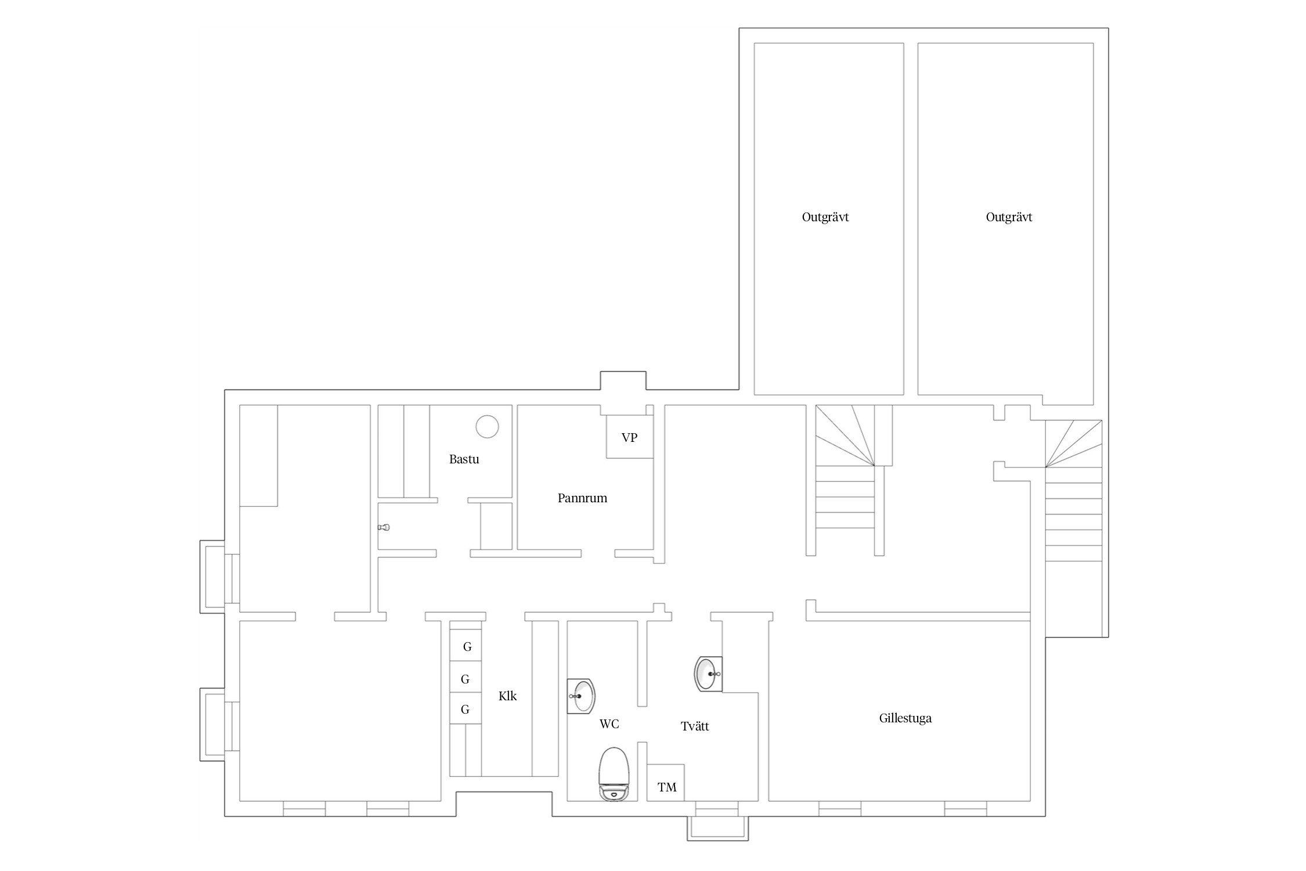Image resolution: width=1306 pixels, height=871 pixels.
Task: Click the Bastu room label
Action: pyautogui.click(x=464, y=459)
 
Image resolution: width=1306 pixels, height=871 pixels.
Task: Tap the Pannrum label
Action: pyautogui.click(x=582, y=498)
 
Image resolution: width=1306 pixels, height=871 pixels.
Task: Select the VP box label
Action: pyautogui.click(x=629, y=438)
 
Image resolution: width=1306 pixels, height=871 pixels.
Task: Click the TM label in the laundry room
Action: pyautogui.click(x=667, y=787)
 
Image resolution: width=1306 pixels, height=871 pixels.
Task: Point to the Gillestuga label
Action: pyautogui.click(x=905, y=718)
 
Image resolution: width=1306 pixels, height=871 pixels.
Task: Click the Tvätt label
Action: pyautogui.click(x=695, y=726)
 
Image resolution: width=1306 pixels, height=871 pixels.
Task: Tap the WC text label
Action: pyautogui.click(x=609, y=724)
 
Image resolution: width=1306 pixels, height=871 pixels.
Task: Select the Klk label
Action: pyautogui.click(x=507, y=696)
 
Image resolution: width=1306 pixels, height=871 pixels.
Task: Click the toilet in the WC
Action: pyautogui.click(x=614, y=775)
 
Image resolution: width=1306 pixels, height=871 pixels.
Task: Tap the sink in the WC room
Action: pyautogui.click(x=581, y=696)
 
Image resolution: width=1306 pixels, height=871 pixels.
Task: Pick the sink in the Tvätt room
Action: pyautogui.click(x=709, y=674)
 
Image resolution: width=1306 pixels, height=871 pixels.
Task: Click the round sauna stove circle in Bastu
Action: pyautogui.click(x=487, y=427)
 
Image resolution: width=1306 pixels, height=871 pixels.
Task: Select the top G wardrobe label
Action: pyautogui.click(x=467, y=647)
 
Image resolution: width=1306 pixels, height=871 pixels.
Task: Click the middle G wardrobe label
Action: pyautogui.click(x=465, y=679)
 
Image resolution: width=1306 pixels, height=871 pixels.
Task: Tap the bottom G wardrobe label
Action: pyautogui.click(x=465, y=710)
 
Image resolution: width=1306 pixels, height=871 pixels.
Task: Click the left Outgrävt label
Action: pyautogui.click(x=825, y=218)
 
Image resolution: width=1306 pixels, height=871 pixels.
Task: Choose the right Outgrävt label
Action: pyautogui.click(x=1009, y=218)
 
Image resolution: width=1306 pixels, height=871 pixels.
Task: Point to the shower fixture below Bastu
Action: pyautogui.click(x=384, y=528)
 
